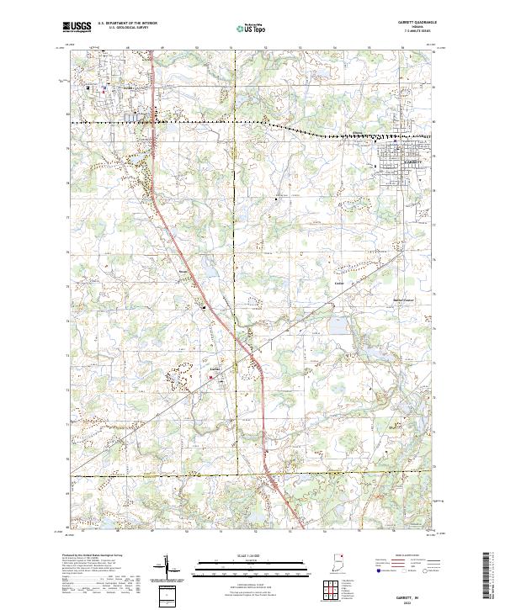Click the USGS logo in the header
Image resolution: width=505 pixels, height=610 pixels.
[77, 28]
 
